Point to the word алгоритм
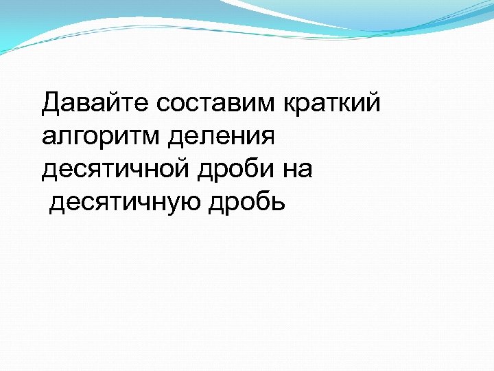tap(99, 137)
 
